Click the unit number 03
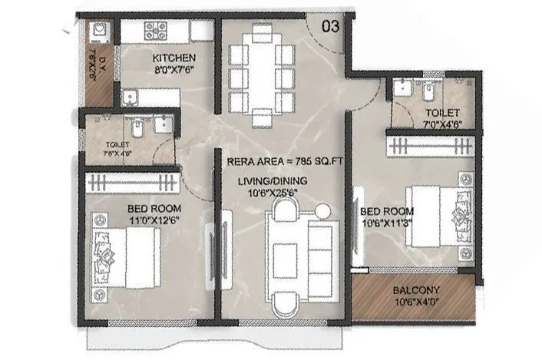click(x=330, y=26)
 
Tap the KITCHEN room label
click(x=174, y=58)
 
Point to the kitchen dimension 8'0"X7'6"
click(x=174, y=70)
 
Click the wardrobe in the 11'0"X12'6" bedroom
click(x=132, y=183)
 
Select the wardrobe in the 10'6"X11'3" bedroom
click(x=431, y=144)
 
